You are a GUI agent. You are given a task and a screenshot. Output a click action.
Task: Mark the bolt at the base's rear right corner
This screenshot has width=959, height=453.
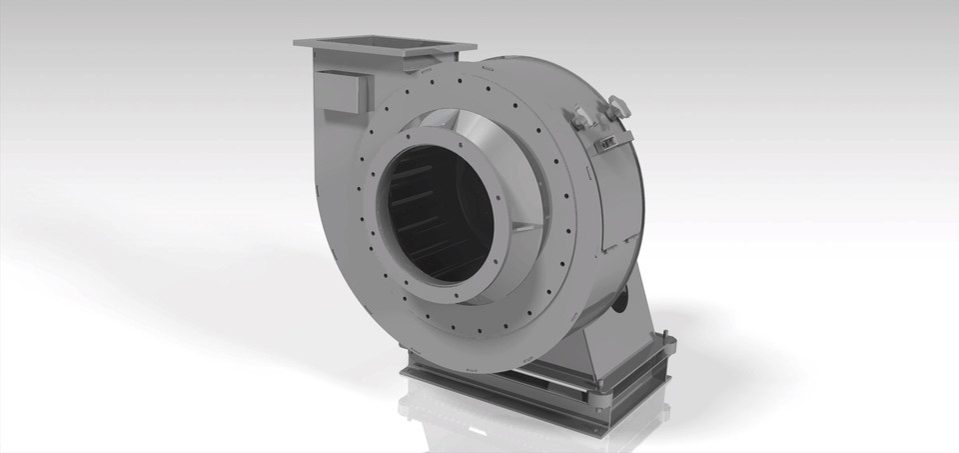point(670,345)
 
